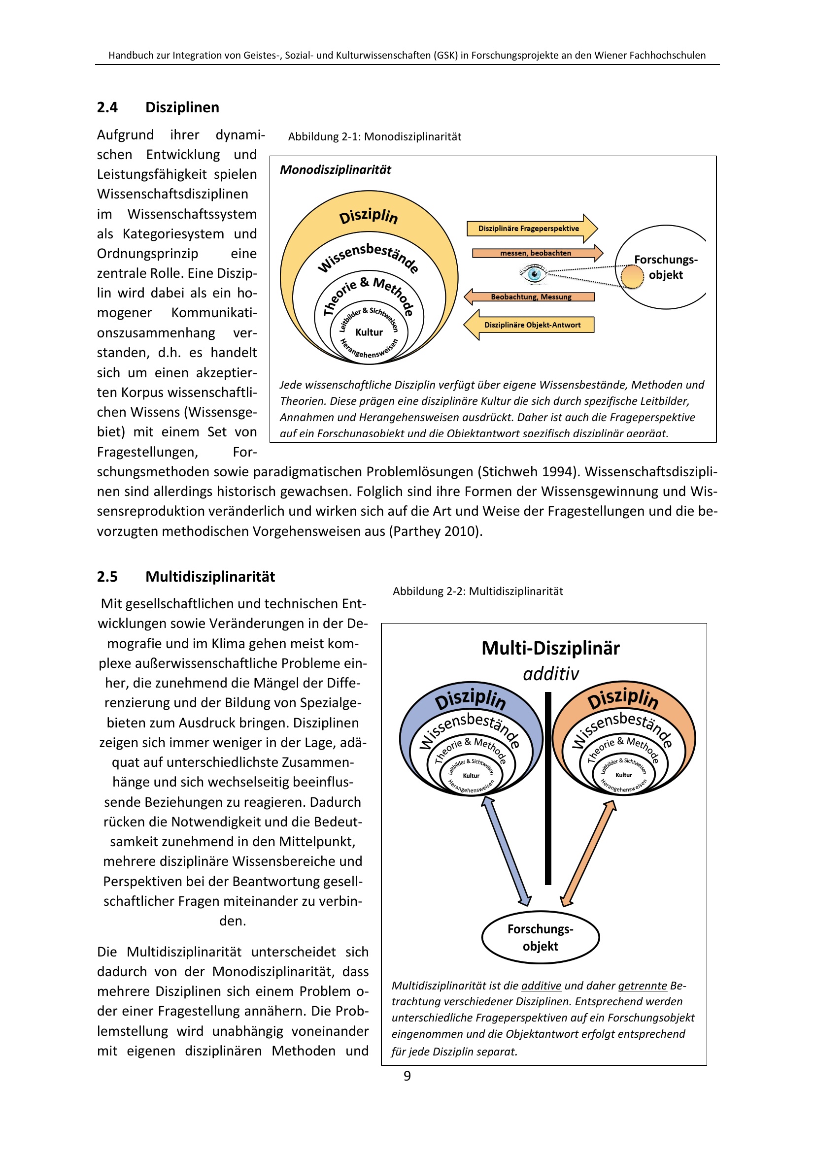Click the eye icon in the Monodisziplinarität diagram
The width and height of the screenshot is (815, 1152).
click(534, 274)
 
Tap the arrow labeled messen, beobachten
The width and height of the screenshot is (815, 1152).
click(536, 253)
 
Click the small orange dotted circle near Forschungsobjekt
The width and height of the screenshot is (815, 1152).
click(632, 277)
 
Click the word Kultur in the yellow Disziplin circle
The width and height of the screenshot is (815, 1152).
click(369, 332)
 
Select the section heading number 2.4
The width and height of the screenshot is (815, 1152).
click(107, 107)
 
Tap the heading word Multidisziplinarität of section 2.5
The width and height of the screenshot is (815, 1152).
click(210, 577)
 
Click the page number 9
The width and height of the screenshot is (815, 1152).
click(407, 1076)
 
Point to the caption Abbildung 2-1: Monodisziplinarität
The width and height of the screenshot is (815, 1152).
click(374, 137)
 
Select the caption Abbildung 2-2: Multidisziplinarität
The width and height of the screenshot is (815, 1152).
click(477, 592)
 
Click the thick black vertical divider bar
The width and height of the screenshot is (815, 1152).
click(548, 788)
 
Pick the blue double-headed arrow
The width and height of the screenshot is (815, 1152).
click(507, 851)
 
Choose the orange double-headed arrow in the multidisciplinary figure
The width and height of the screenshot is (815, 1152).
click(588, 853)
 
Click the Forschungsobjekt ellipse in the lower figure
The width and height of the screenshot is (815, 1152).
click(540, 937)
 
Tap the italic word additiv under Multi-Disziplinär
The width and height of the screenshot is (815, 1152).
click(550, 674)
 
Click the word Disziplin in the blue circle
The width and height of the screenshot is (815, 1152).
click(470, 699)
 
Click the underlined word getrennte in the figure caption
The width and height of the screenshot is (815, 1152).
click(642, 986)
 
